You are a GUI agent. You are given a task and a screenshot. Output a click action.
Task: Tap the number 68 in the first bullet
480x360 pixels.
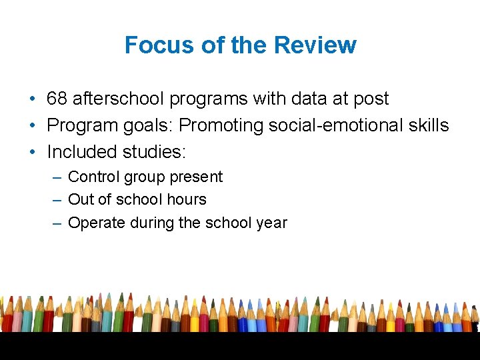pos(57,99)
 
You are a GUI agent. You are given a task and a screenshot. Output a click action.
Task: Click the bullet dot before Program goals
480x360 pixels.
pos(32,125)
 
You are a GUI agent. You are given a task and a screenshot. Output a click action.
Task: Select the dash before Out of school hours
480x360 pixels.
pos(57,199)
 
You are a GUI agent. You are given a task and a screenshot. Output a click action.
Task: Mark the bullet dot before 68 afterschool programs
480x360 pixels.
pos(32,99)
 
